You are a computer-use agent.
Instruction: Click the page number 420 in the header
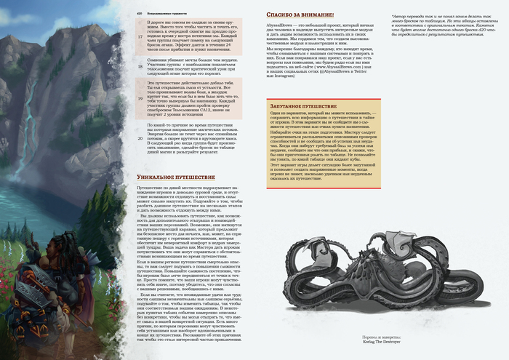140,13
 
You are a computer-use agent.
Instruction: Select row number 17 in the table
141,35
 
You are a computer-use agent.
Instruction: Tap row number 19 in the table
141,95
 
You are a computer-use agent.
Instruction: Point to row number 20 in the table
141,137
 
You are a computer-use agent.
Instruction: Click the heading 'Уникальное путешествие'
176,177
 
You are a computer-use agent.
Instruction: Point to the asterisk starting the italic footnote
412,14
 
